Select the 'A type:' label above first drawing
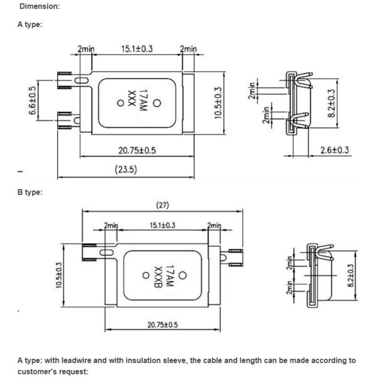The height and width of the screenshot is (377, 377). point(31,25)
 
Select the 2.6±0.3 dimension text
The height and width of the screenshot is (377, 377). point(334,150)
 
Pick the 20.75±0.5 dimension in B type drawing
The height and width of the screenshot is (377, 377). point(162,324)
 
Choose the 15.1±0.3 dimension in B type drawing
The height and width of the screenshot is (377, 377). point(162,225)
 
